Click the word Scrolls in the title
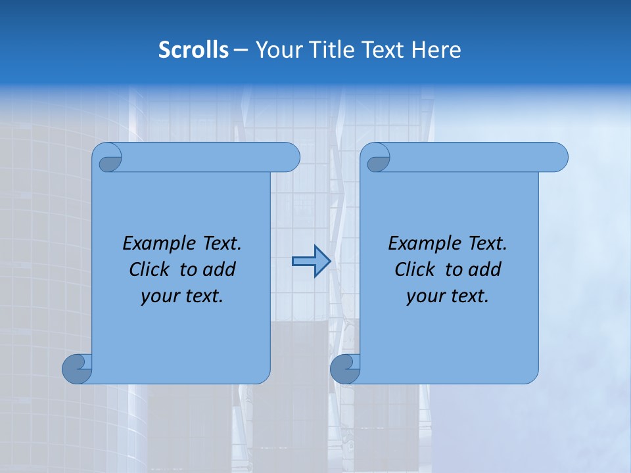point(193,50)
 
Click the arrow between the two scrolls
point(311,261)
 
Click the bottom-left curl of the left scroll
point(78,369)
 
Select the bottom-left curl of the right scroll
point(345,369)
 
